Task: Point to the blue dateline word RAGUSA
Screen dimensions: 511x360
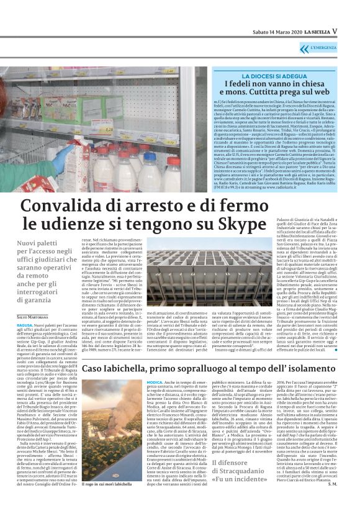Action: point(25,325)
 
